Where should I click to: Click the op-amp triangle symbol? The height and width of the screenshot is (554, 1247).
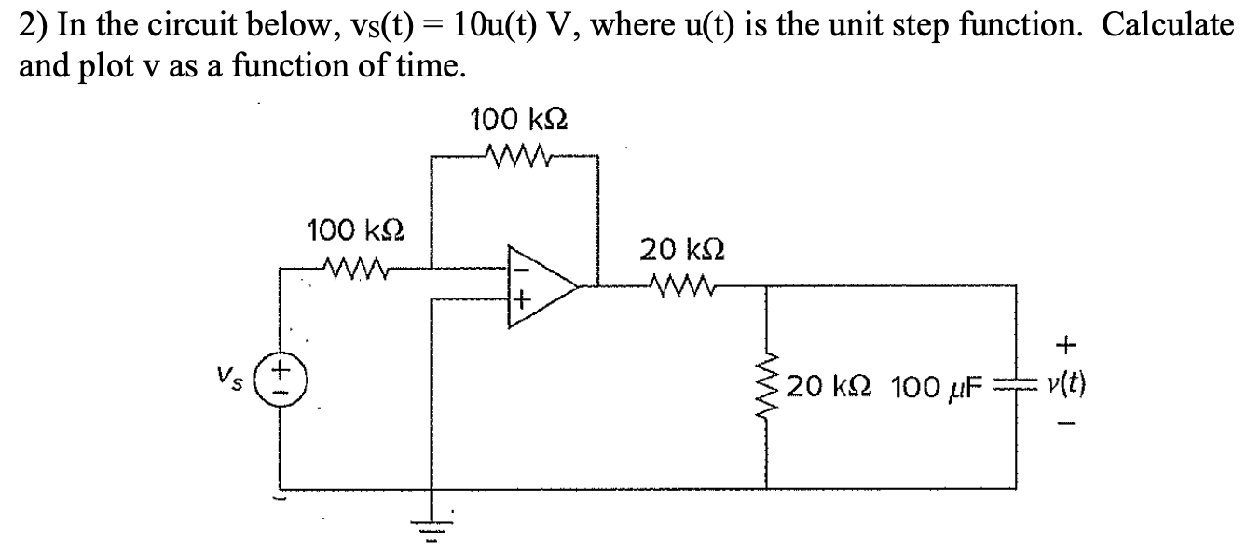coord(540,286)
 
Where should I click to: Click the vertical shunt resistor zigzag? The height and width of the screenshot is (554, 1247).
coord(767,382)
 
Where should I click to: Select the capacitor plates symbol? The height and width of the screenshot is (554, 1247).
coord(1014,385)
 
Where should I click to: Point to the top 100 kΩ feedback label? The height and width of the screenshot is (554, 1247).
coord(518,120)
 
